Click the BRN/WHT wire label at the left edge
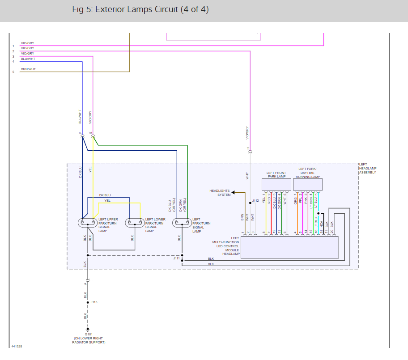28,69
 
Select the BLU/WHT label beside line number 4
28,59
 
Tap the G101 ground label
89,334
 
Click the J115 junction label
94,302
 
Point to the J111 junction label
176,258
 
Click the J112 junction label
255,201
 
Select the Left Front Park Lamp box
276,184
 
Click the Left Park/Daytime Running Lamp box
308,184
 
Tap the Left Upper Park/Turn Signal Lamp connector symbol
88,222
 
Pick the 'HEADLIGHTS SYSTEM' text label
220,193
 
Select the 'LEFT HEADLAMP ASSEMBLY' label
368,168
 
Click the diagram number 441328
17,347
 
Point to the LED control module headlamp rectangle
289,247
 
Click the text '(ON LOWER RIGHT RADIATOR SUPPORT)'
89,340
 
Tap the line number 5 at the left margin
13,72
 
